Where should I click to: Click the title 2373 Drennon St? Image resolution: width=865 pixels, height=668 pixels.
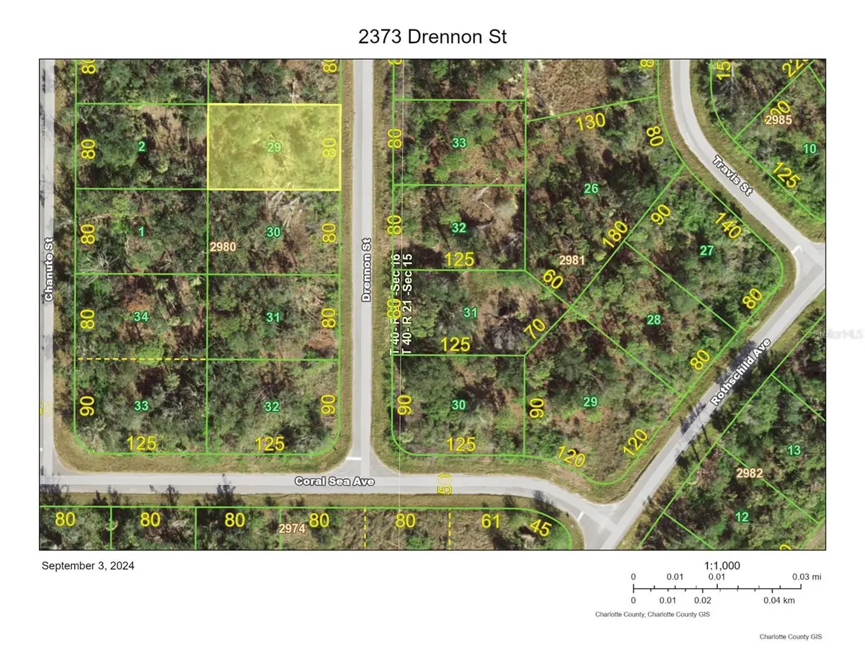coord(432,37)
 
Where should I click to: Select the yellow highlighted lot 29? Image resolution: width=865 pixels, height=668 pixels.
coord(274,147)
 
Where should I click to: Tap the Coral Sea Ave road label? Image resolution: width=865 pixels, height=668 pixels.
coord(334,481)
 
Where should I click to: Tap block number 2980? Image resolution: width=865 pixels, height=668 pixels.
coord(223,246)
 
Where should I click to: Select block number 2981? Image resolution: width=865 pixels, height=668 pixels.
coord(572,259)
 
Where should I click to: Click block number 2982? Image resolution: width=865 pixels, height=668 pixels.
coord(750,473)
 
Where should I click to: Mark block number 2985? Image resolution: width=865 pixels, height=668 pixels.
coord(778,119)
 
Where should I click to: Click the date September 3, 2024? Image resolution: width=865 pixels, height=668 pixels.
coord(88,566)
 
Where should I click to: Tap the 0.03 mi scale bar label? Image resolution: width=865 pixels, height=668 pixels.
coord(807,576)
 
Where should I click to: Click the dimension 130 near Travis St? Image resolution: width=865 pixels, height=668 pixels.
coord(591,123)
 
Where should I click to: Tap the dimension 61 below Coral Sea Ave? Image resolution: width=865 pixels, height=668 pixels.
coord(490,520)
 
